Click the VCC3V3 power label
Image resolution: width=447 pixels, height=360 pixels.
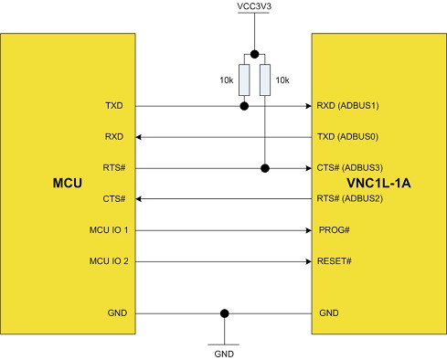[253, 8]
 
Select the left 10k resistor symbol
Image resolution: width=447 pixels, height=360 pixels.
[244, 80]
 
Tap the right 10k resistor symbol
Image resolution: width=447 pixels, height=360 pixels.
[265, 80]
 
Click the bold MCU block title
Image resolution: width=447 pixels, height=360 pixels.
[69, 184]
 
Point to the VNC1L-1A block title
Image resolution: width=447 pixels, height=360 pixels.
[378, 184]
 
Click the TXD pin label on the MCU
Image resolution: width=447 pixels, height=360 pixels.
[116, 106]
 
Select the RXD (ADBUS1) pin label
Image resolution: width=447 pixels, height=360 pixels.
[348, 106]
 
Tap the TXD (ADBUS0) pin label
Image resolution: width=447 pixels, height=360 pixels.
[348, 137]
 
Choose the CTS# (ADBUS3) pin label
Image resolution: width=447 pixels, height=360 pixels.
[348, 168]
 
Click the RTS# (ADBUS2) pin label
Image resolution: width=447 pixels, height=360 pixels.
[348, 199]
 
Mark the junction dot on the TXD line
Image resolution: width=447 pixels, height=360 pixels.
[244, 106]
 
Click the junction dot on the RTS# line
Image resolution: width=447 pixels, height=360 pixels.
[265, 168]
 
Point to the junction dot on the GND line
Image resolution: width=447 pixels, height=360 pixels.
[224, 313]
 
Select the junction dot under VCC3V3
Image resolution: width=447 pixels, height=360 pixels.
[254, 53]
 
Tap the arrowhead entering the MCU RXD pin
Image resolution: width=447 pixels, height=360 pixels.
[140, 137]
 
